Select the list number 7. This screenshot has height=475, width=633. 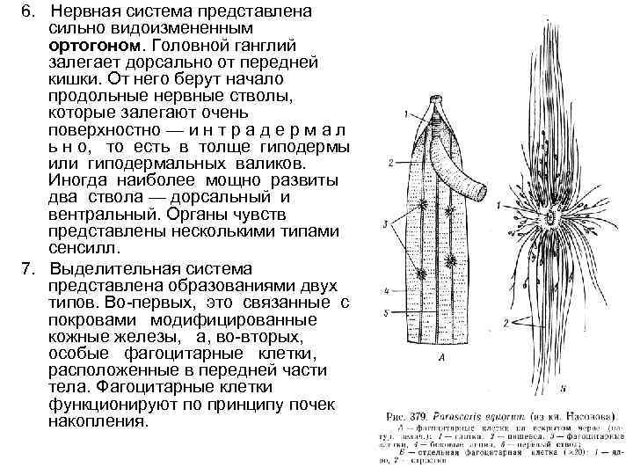click(27, 267)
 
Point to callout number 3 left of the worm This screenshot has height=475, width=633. click(387, 226)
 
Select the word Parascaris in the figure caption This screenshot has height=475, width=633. click(462, 413)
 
